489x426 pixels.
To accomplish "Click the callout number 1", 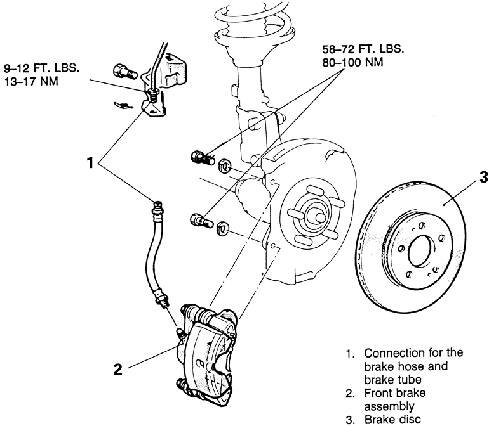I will tap(92, 162).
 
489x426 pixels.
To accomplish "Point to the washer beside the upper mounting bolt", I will tap(224, 167).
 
